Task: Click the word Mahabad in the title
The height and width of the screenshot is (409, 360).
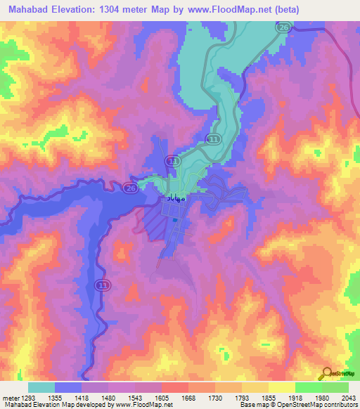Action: (31, 10)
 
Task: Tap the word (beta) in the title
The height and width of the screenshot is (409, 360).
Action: (281, 10)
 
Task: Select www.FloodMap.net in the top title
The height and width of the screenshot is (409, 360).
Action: (225, 10)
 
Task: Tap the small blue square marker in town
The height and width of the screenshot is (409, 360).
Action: (174, 219)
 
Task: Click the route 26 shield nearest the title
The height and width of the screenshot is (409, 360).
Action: (282, 27)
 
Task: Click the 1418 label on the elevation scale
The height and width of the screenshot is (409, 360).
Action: (91, 398)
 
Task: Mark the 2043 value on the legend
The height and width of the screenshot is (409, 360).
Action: (349, 398)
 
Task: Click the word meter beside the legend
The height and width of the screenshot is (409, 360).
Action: (10, 398)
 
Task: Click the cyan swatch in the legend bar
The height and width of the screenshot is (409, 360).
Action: (41, 387)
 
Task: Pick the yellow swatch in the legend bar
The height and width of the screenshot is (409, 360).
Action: (281, 387)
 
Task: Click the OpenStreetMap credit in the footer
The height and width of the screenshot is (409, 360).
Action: (330, 405)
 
